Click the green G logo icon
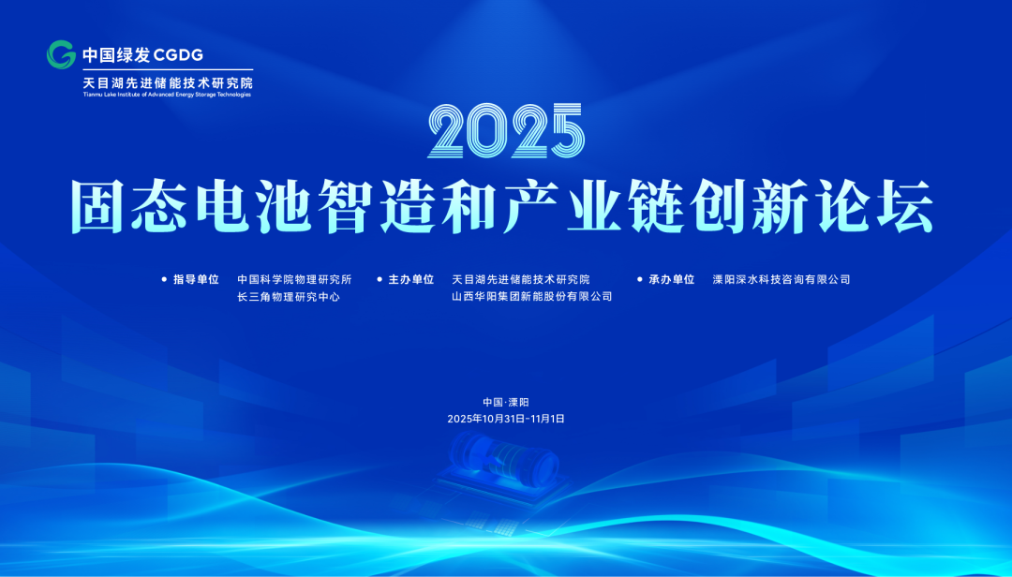click(x=61, y=55)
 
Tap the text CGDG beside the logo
click(x=179, y=55)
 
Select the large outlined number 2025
click(x=506, y=131)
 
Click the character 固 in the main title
click(x=97, y=206)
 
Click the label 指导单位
click(x=196, y=279)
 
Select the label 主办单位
click(x=410, y=279)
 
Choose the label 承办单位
click(x=671, y=279)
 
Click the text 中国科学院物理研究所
click(x=294, y=279)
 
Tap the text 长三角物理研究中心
click(x=289, y=297)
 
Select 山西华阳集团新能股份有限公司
click(x=532, y=296)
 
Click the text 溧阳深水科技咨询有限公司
click(x=781, y=279)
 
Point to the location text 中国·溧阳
click(x=506, y=402)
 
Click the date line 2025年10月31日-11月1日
click(x=506, y=419)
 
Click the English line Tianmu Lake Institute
click(x=167, y=95)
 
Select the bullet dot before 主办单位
click(x=379, y=279)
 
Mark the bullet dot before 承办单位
click(x=640, y=279)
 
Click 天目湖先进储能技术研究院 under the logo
click(x=168, y=83)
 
